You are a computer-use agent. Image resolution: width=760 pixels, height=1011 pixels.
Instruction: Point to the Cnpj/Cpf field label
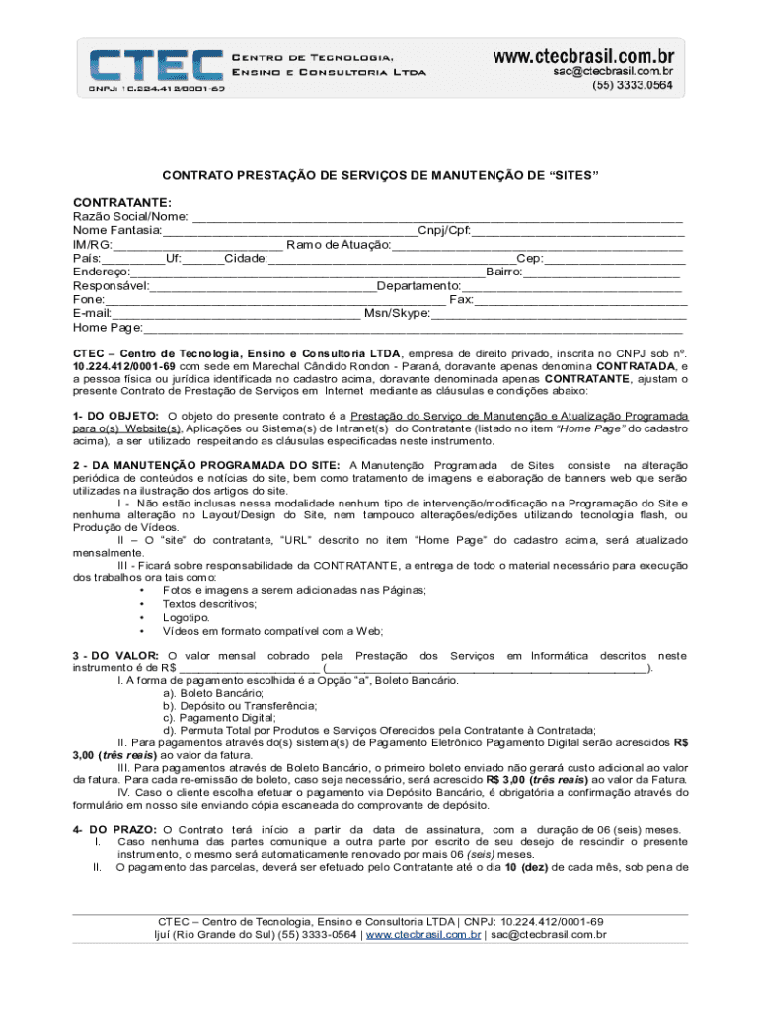pos(444,230)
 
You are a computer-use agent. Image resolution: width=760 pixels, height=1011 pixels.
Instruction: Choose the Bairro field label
pos(503,272)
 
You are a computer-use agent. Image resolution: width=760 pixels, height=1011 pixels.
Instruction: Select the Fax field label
pos(461,299)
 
